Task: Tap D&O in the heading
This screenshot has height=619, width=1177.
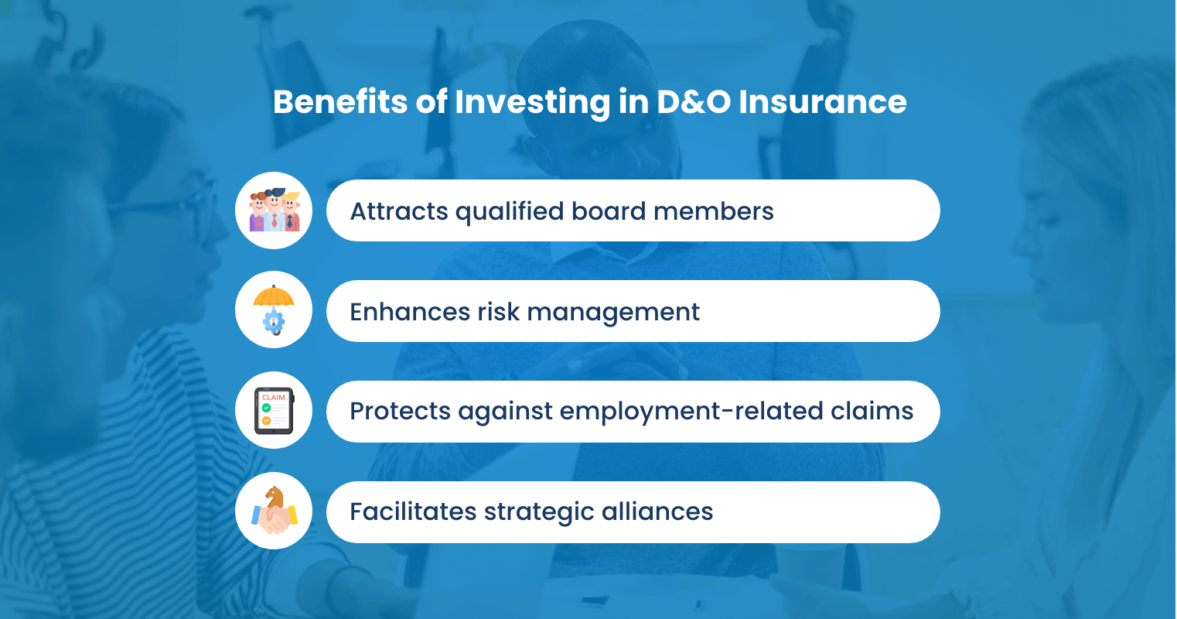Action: [x=693, y=102]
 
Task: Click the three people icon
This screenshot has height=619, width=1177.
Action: [x=274, y=210]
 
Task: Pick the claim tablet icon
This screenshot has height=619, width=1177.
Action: [x=274, y=411]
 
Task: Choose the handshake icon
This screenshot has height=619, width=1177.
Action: [x=274, y=511]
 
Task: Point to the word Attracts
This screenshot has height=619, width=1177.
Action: [x=399, y=211]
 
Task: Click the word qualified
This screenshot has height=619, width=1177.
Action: [x=510, y=211]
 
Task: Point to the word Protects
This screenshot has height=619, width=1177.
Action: [x=399, y=411]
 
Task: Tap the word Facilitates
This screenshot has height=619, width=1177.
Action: [x=413, y=511]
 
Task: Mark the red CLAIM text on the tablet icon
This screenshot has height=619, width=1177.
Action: [x=274, y=398]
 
